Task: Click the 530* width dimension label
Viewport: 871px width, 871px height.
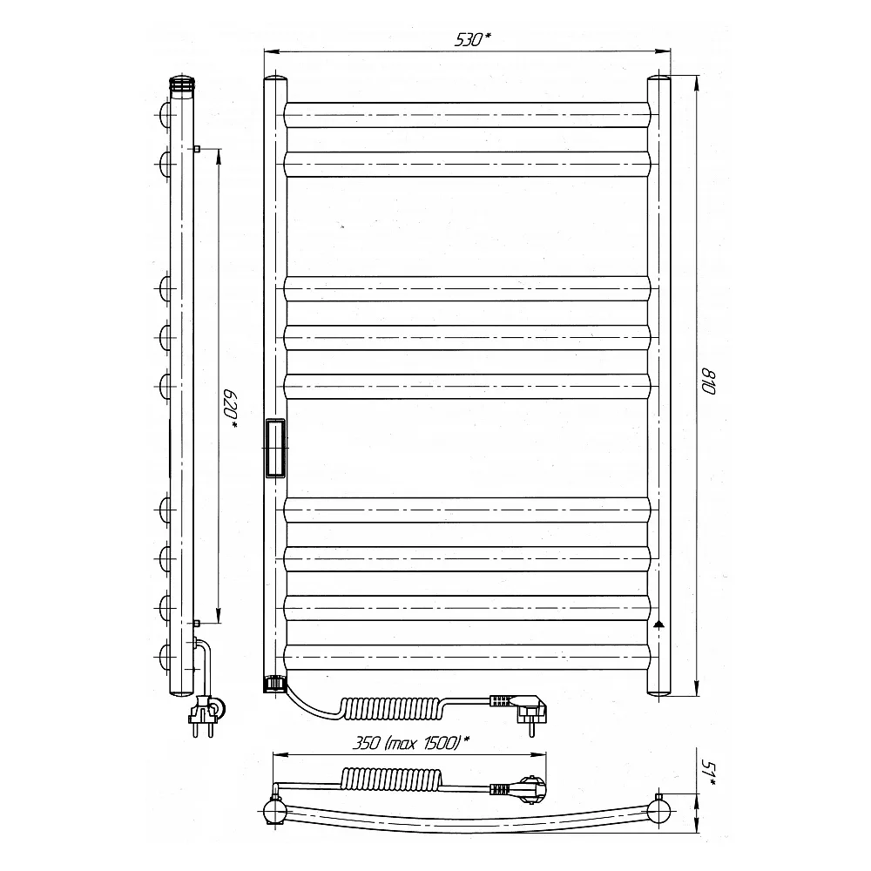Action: pos(473,39)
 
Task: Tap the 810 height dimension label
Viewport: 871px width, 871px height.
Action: pos(708,381)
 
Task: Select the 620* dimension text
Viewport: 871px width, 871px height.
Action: pos(231,409)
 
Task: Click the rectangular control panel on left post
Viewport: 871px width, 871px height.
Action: pos(275,448)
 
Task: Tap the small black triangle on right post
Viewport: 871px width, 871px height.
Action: pos(658,624)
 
